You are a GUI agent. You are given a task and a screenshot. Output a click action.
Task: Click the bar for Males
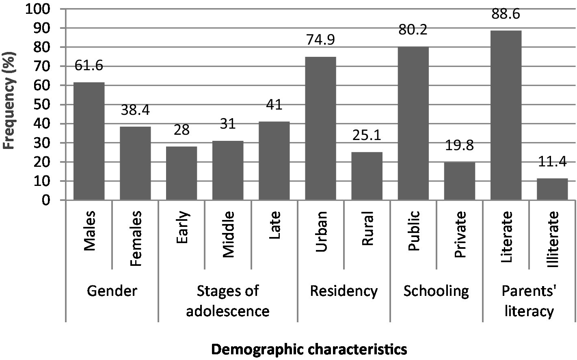[89, 141]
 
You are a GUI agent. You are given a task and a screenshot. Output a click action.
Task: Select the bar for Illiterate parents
[552, 189]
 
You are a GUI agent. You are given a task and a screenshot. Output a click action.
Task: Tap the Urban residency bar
[320, 128]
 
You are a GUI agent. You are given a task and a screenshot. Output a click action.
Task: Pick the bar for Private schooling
[460, 181]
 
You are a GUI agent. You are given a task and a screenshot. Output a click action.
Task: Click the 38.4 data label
[135, 110]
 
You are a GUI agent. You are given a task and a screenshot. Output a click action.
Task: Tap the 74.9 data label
[320, 41]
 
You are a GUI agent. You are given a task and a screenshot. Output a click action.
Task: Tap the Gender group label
[112, 291]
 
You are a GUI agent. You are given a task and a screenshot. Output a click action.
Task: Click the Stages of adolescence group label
[228, 301]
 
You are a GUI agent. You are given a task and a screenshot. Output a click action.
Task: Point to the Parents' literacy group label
[529, 301]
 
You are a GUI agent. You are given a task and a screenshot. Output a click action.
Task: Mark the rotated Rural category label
[367, 230]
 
